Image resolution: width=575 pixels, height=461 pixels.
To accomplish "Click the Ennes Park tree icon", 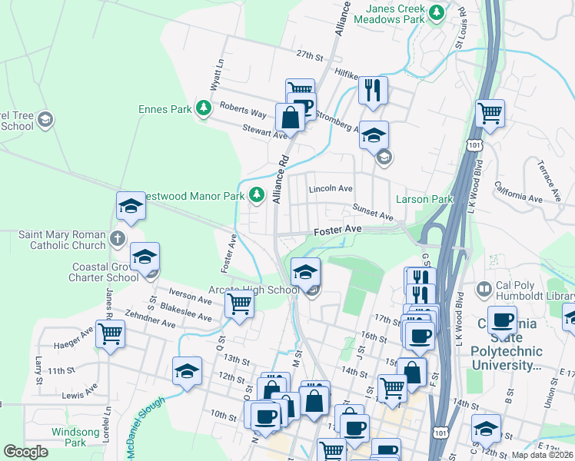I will click(x=204, y=109).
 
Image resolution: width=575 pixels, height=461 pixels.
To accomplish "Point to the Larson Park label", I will click(x=424, y=200).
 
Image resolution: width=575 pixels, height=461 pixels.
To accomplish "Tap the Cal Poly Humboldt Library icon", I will click(x=484, y=289).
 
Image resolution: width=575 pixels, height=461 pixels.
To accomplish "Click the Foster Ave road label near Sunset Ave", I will click(x=337, y=230).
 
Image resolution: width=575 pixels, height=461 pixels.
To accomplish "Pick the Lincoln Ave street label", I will click(x=331, y=188).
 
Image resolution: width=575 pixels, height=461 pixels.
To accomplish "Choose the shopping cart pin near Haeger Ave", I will click(x=111, y=334).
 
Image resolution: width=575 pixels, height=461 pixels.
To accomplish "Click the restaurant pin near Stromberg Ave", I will click(x=373, y=90).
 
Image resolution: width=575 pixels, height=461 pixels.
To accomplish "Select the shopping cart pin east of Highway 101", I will click(x=490, y=114).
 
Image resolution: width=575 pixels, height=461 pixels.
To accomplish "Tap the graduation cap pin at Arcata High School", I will click(x=305, y=270).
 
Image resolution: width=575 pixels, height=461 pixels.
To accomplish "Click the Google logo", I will click(x=26, y=452).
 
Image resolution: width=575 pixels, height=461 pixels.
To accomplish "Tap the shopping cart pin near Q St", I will click(x=239, y=304).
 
